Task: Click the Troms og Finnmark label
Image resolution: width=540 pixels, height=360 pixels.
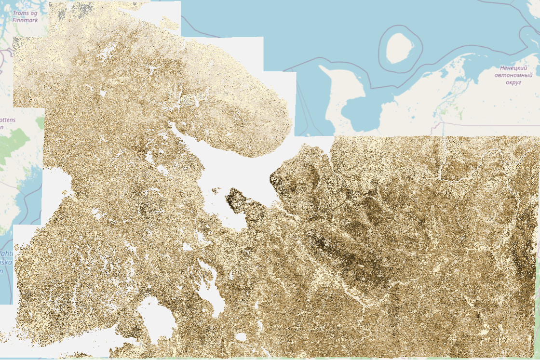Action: coord(25,17)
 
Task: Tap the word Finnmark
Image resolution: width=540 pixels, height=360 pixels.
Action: coord(25,20)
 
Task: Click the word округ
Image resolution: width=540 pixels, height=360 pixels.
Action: coord(514,82)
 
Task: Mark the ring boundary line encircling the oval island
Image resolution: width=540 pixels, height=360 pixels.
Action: coord(379,48)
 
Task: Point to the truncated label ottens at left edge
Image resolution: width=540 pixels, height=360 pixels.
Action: coord(8,119)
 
